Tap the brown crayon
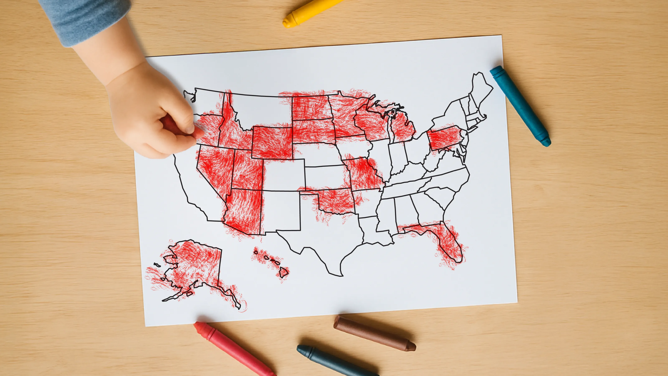click(373, 333)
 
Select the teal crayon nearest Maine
click(520, 105)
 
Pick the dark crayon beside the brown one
click(334, 362)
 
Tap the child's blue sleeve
click(86, 18)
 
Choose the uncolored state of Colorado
click(284, 175)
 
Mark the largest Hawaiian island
click(284, 272)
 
